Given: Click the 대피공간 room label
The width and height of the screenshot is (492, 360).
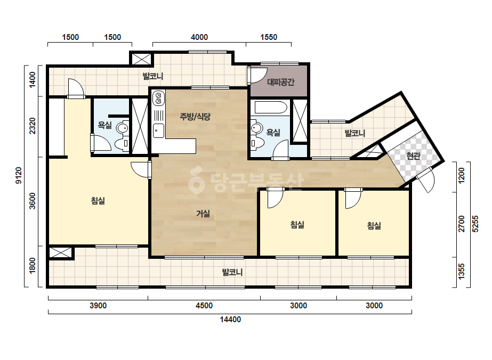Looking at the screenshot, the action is click(x=281, y=82).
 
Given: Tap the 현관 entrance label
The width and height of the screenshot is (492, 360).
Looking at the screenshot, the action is click(x=413, y=156).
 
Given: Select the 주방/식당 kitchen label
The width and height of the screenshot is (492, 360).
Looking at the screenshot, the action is click(x=195, y=117).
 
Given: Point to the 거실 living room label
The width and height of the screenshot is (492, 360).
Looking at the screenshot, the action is click(x=203, y=214).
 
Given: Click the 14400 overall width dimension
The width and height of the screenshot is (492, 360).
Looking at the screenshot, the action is click(x=230, y=320).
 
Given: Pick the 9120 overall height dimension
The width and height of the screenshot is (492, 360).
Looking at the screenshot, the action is click(x=19, y=176).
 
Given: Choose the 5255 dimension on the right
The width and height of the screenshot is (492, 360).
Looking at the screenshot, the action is click(x=475, y=224).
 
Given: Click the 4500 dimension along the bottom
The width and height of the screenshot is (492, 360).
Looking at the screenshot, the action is click(x=204, y=306).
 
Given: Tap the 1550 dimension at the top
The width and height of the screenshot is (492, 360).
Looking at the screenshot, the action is click(x=269, y=37).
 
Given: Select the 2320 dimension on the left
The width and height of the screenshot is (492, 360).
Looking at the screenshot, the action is click(x=33, y=126).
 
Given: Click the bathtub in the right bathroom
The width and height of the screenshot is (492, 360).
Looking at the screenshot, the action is click(x=271, y=107).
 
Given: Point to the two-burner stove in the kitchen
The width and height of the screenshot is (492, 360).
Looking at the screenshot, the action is click(x=158, y=98).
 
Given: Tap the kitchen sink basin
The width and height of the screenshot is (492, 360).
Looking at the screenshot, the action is click(x=158, y=130).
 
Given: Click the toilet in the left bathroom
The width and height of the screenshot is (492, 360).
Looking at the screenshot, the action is click(x=122, y=144).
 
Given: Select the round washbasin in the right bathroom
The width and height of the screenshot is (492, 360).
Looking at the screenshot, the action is click(x=257, y=128).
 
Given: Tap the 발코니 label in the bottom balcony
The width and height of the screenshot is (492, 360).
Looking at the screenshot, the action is click(x=232, y=272).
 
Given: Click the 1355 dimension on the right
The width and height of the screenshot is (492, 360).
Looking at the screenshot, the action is click(x=461, y=271).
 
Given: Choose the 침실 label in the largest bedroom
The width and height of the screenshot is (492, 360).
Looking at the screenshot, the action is click(x=98, y=201).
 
